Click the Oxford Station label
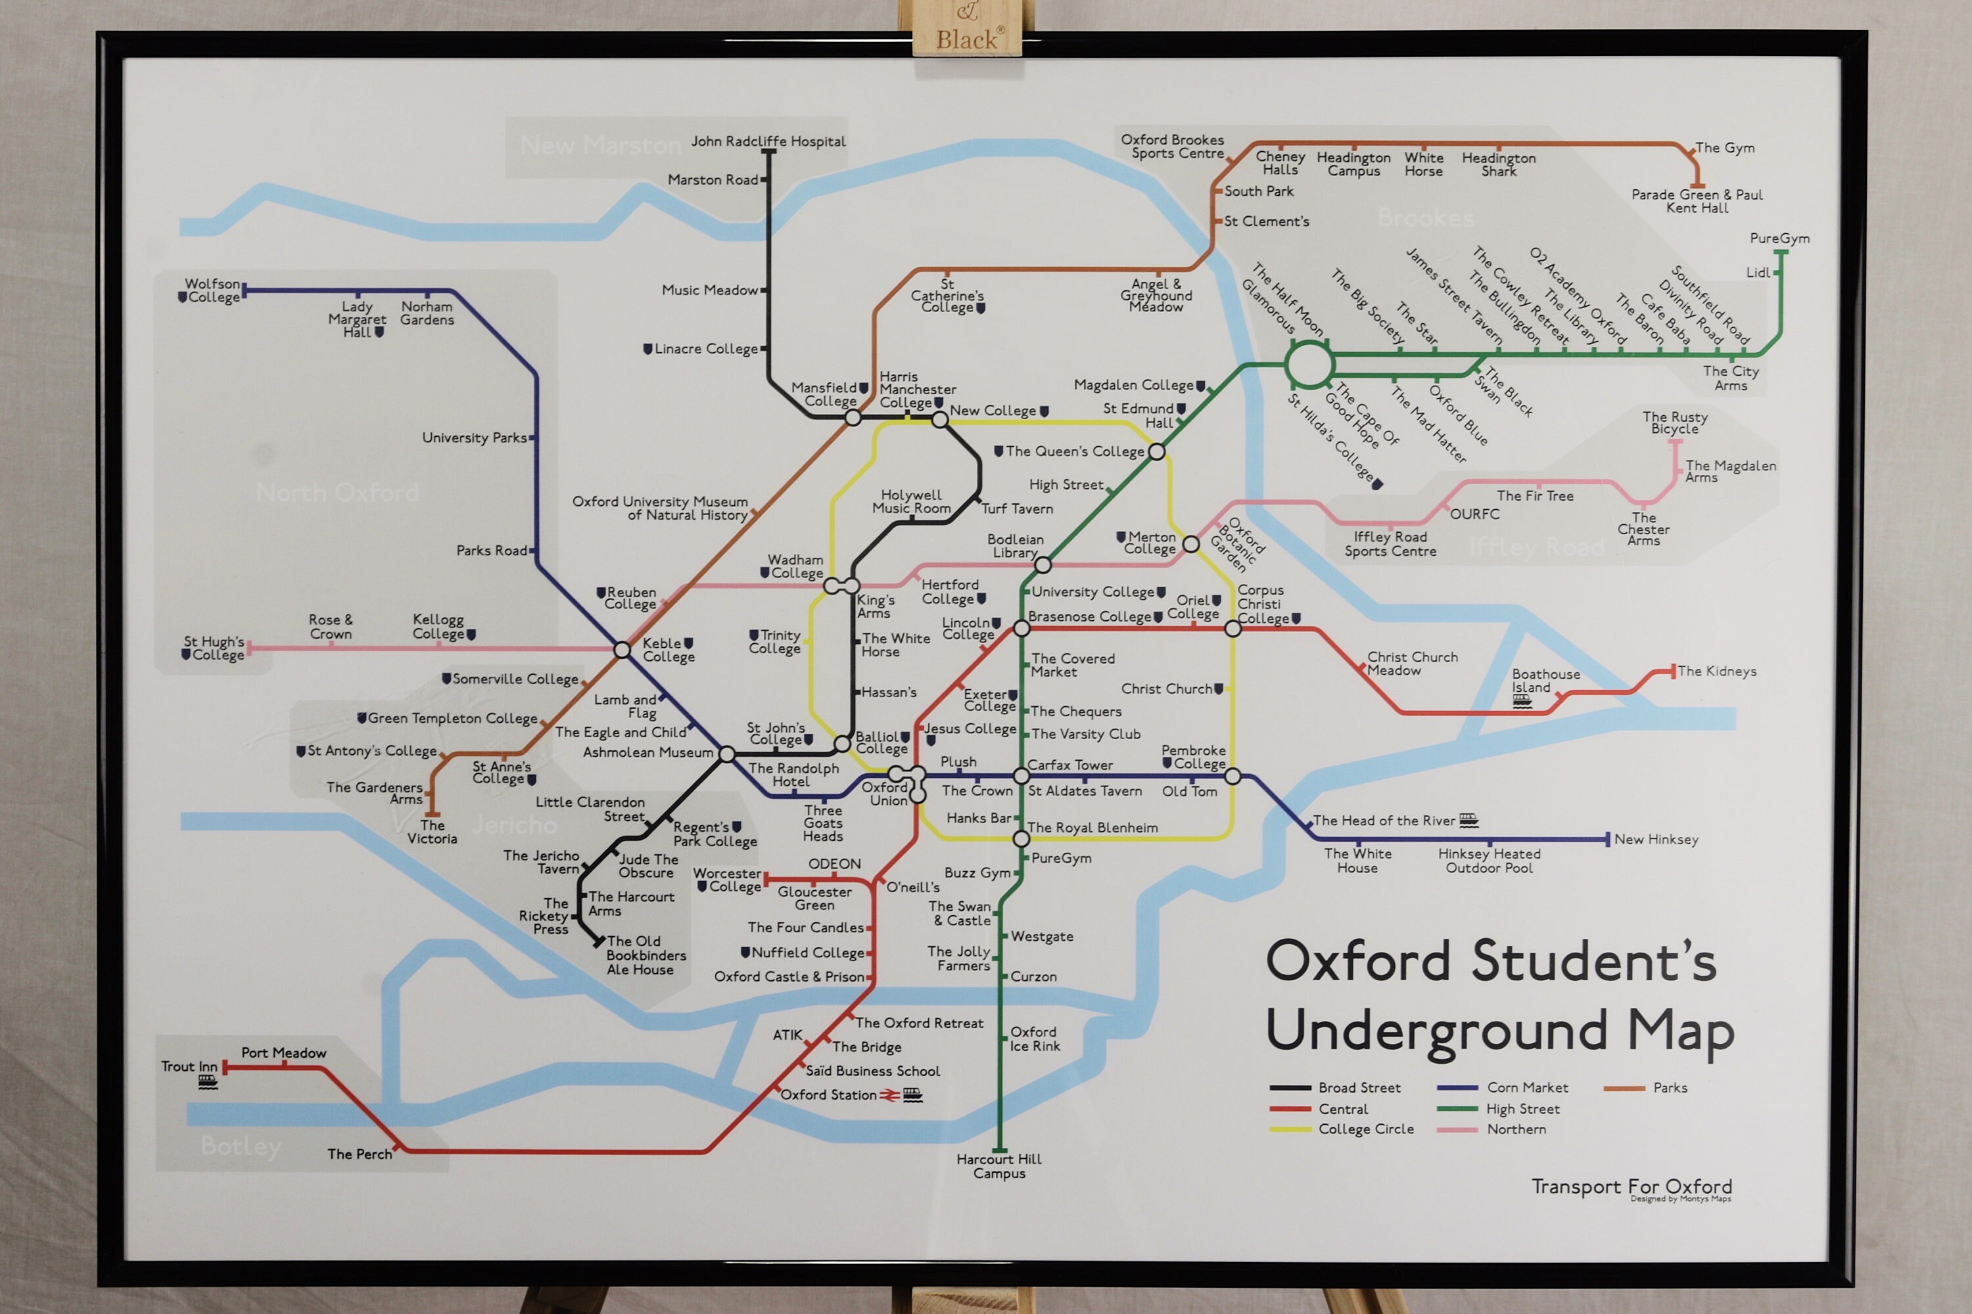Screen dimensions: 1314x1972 pos(828,1095)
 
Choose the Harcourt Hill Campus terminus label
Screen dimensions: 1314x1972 pos(998,1166)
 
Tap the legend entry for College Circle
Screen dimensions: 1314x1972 pos(1366,1129)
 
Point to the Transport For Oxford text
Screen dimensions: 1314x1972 pos(1631,1187)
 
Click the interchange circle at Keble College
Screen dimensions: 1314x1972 pos(622,650)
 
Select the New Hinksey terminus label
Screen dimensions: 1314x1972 pos(1656,840)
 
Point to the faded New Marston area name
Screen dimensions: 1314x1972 pos(600,146)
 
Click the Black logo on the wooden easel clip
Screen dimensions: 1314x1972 pos(968,39)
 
